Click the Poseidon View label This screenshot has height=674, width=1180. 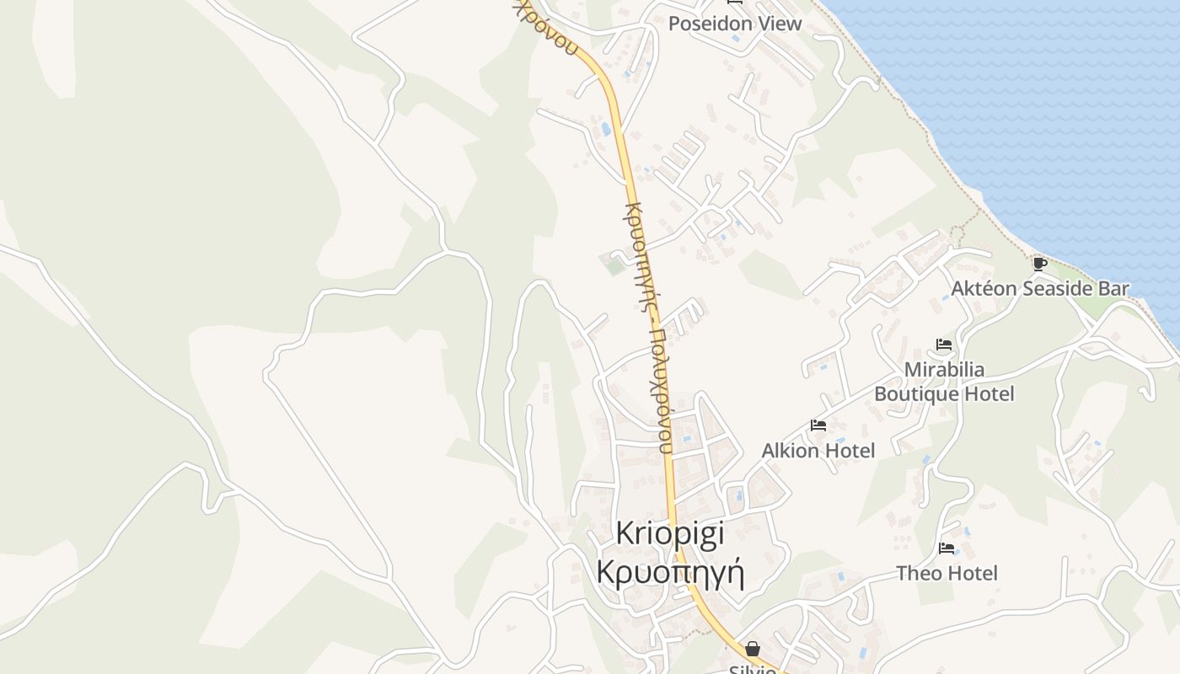(x=735, y=24)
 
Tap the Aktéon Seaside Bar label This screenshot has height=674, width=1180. (x=1040, y=288)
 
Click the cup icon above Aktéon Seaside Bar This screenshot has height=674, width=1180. (x=1040, y=264)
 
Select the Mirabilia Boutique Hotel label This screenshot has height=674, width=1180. (x=944, y=382)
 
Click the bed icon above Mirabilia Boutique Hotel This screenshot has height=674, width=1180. (x=944, y=345)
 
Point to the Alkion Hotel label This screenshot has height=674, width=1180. (x=818, y=451)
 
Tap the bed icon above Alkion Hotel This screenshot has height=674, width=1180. (x=818, y=425)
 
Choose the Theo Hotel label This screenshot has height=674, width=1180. (x=947, y=574)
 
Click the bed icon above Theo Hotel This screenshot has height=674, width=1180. (x=947, y=548)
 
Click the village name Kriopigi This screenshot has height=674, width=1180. (x=670, y=533)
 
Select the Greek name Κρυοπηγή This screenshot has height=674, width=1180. (x=670, y=572)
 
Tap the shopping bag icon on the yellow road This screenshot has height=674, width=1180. (x=753, y=649)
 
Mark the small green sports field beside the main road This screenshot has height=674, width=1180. (x=614, y=265)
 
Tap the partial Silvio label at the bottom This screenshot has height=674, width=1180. (x=753, y=669)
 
